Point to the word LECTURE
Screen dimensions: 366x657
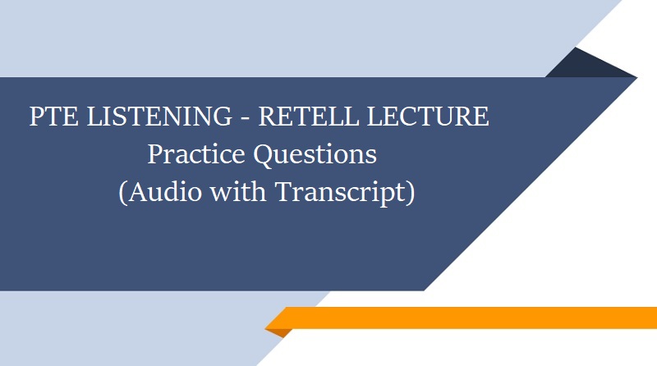click(425, 117)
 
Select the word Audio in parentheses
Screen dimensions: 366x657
click(161, 193)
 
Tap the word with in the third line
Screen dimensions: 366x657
click(239, 192)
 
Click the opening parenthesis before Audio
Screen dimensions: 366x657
click(122, 194)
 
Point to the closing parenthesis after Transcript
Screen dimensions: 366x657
click(409, 194)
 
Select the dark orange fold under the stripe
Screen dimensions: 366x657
click(279, 332)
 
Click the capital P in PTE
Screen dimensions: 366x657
click(36, 117)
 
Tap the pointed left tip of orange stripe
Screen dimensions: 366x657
click(268, 327)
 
